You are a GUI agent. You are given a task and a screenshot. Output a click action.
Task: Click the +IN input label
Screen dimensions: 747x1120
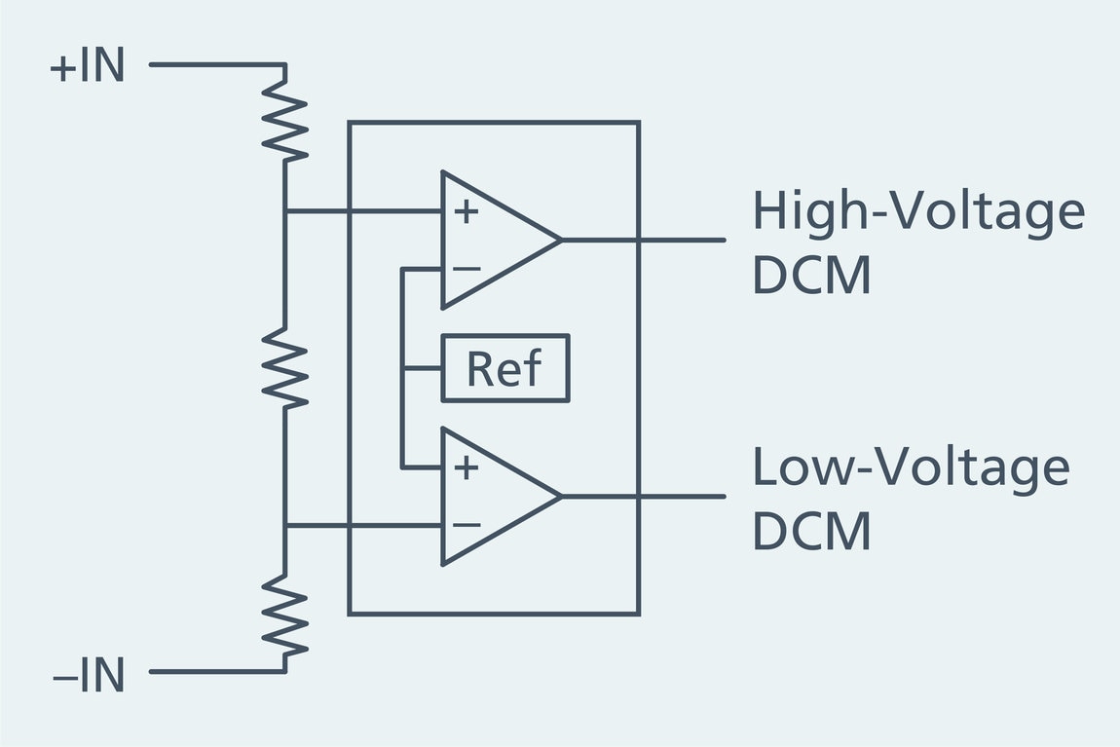tap(88, 67)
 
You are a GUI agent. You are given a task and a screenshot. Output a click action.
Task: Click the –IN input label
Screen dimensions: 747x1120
tap(89, 675)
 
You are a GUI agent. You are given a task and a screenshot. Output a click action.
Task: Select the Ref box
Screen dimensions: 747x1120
tap(505, 368)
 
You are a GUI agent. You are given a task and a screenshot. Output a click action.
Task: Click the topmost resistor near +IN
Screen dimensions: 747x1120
tap(285, 119)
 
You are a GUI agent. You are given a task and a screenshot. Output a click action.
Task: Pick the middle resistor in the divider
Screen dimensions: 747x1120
tap(285, 367)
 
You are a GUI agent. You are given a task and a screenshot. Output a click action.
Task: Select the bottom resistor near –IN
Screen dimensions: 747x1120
tap(285, 614)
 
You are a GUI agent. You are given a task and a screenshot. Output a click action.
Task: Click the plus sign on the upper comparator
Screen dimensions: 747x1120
tap(467, 210)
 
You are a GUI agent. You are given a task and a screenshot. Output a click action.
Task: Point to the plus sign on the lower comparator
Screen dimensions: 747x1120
tap(467, 467)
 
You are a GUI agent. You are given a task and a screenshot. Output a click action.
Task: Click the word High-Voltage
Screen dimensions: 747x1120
tap(917, 211)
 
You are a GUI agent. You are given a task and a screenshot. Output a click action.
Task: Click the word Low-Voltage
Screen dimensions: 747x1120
tap(910, 467)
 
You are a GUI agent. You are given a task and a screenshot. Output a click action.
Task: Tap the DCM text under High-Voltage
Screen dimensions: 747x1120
tap(811, 277)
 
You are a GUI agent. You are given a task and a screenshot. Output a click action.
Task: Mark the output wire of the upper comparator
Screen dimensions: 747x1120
tap(643, 240)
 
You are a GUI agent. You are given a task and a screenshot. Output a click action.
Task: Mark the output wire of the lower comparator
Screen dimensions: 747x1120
tap(643, 497)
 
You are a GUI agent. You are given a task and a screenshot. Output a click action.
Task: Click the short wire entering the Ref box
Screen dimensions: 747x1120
tap(422, 368)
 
